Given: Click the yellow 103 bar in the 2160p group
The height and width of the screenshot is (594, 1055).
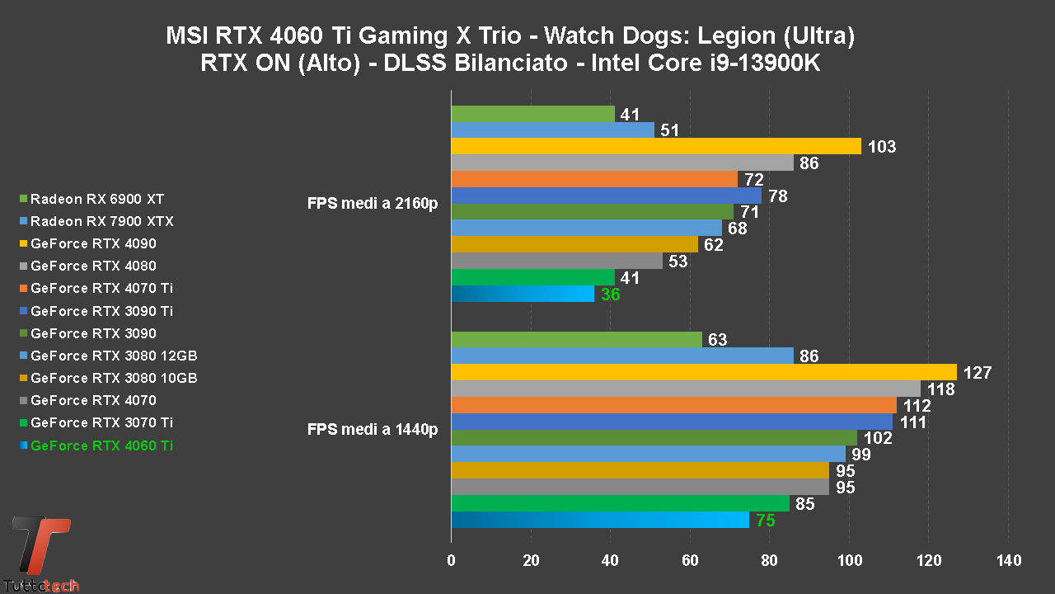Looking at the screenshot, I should (x=656, y=146).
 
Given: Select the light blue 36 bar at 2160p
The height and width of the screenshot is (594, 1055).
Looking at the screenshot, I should (x=523, y=294).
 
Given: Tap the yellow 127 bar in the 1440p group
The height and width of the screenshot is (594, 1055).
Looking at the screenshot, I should (x=704, y=372).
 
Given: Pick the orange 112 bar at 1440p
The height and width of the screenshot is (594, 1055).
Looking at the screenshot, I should (x=674, y=405).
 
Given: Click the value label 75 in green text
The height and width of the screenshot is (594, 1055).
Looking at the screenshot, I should (x=766, y=520).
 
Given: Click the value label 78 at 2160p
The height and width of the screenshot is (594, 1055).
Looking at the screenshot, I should (x=777, y=196).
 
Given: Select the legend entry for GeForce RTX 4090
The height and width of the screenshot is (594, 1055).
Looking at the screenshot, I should (x=93, y=243).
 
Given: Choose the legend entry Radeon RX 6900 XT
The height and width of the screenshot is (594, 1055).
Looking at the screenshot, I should (x=97, y=199).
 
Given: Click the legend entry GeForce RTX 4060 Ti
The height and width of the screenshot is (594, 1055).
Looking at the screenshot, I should (x=101, y=445).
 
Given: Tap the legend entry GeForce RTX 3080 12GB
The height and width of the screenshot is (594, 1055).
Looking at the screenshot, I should (x=114, y=356).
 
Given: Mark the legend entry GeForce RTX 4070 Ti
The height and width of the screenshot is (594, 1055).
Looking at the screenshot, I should (x=101, y=288).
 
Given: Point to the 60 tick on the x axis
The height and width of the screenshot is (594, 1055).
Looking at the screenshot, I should (x=690, y=561).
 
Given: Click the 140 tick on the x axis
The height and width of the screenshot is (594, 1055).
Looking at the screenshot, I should (x=1008, y=561).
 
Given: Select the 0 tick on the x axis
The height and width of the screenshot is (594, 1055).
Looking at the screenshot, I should (x=451, y=561).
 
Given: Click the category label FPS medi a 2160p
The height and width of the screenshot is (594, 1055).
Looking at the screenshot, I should (x=373, y=204).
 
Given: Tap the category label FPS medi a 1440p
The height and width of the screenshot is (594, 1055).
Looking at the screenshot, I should (x=373, y=429).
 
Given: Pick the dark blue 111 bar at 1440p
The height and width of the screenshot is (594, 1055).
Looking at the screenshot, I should (x=672, y=422).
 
